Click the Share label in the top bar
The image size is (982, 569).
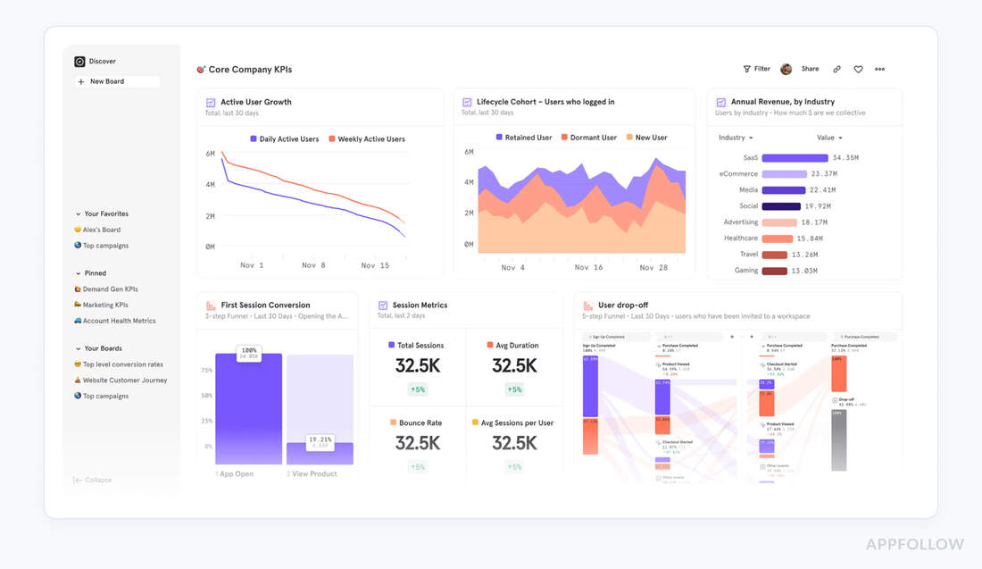pos(810,69)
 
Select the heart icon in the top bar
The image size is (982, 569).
pos(858,69)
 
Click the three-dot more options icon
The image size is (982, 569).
pos(879,69)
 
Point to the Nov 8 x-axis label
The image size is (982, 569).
pos(313,265)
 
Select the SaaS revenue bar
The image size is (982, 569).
pos(795,158)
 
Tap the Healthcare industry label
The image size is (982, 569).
pos(740,238)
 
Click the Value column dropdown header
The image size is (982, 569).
pos(829,138)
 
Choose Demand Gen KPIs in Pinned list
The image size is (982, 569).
pos(110,289)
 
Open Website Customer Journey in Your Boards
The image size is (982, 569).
pos(124,381)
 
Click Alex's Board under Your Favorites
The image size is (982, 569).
pos(101,230)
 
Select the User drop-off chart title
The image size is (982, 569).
pos(622,305)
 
